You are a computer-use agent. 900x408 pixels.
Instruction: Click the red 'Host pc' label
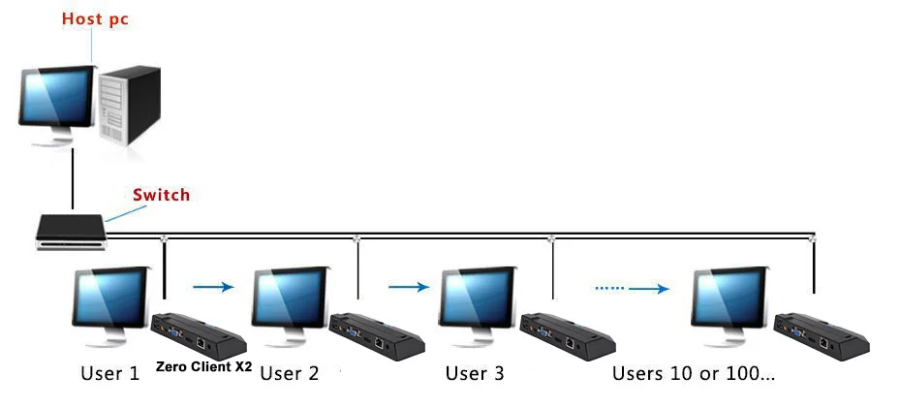pos(95,19)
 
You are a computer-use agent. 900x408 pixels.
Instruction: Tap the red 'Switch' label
pos(161,195)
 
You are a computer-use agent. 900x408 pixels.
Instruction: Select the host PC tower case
pos(129,106)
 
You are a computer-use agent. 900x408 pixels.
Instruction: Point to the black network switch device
pos(72,232)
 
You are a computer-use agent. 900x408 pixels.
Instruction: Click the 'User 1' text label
pos(110,374)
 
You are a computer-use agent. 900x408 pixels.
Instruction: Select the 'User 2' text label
pos(290,374)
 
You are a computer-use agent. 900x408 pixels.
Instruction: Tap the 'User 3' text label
pos(475,373)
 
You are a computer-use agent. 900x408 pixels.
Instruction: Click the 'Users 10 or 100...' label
pos(694,373)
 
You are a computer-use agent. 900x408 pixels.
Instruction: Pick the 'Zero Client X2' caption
pos(203,366)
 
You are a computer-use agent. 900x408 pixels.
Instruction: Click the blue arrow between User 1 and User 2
pos(213,286)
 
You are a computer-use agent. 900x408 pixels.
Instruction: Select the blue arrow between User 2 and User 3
pos(409,286)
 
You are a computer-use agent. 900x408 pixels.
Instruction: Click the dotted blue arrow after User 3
pos(632,288)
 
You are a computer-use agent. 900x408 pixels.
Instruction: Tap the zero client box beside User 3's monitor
pos(567,336)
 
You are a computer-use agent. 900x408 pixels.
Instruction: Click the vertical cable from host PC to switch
pos(73,179)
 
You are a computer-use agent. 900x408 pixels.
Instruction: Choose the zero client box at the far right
pos(822,336)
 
